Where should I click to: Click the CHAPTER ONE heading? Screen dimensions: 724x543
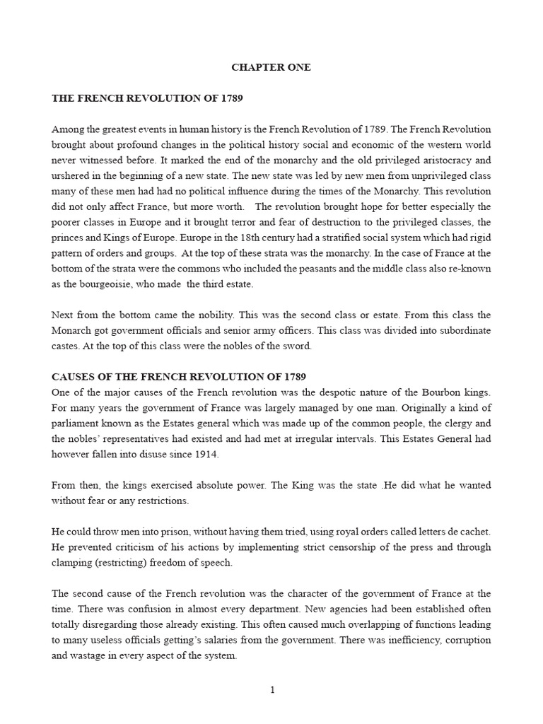(x=271, y=68)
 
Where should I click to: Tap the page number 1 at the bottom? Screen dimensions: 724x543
(x=271, y=691)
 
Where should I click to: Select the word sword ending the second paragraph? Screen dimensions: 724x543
(x=297, y=346)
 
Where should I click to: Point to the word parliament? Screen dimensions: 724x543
(x=79, y=424)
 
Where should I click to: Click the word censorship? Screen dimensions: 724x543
(x=354, y=547)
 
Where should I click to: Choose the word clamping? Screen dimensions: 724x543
(x=73, y=563)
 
